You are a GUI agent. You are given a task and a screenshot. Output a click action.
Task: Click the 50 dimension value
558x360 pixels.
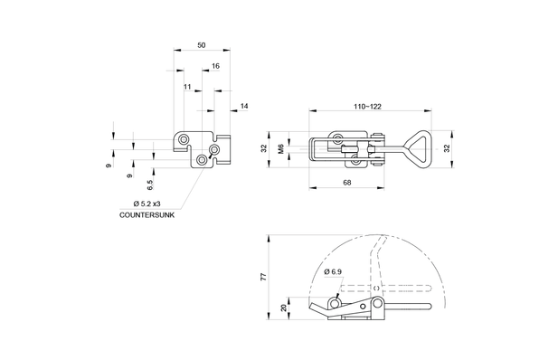coord(202,45)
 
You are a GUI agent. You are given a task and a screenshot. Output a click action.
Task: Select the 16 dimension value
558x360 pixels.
coord(215,66)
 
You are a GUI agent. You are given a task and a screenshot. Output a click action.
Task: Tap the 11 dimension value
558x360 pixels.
coord(187,87)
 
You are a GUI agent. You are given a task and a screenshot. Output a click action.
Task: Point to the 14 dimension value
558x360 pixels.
coord(244,106)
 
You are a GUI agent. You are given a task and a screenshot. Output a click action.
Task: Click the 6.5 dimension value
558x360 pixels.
coord(149,185)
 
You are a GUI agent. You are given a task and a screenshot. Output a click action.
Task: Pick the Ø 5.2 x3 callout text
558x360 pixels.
coord(147,204)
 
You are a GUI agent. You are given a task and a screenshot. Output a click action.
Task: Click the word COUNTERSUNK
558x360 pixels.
coord(147,215)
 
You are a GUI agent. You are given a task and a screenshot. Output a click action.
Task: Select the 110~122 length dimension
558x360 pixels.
coord(367,107)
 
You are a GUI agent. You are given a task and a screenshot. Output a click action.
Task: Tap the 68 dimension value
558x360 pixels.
coord(347,183)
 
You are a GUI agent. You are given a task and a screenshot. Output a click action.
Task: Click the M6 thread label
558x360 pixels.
coord(281,148)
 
